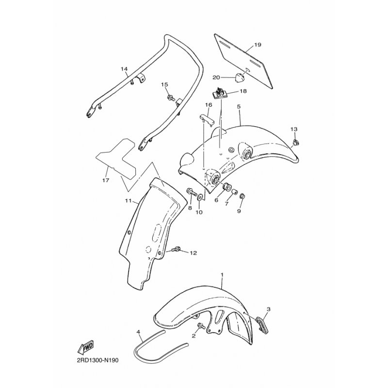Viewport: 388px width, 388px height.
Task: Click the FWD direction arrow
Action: click(x=86, y=347)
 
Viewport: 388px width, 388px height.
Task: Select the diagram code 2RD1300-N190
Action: click(x=97, y=360)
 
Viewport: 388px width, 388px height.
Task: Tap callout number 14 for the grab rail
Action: click(x=124, y=68)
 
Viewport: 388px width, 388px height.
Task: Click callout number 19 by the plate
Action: click(x=258, y=45)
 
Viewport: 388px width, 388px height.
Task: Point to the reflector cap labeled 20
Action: click(x=240, y=78)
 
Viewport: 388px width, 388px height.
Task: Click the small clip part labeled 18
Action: click(x=219, y=94)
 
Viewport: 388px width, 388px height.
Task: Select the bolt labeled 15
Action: click(x=171, y=98)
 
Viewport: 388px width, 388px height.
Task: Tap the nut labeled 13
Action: click(x=295, y=143)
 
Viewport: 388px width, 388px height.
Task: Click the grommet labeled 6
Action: click(x=226, y=187)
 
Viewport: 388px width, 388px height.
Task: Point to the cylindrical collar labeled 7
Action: click(x=234, y=192)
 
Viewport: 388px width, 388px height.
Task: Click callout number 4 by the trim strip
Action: click(x=138, y=332)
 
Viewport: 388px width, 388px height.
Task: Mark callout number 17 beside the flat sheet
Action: click(x=106, y=180)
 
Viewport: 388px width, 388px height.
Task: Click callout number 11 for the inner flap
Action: click(x=129, y=201)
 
